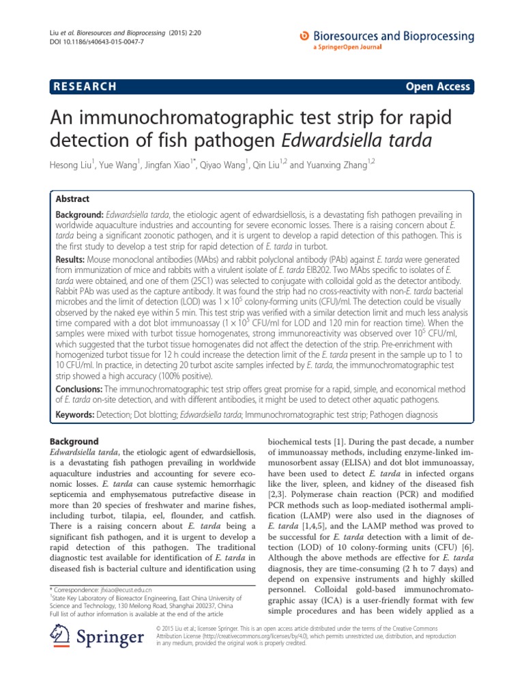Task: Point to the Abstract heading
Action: pos(73,199)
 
